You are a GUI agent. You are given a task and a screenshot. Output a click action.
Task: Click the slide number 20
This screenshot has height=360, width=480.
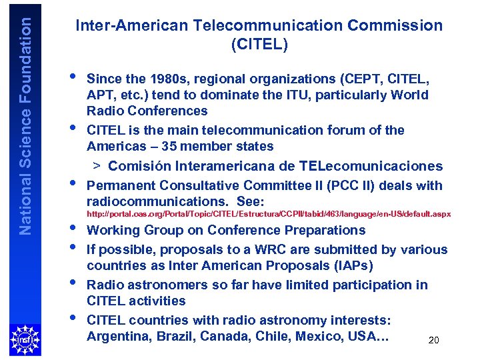[x=433, y=341]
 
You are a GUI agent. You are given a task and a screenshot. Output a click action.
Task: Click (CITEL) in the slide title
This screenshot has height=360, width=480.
[x=259, y=45]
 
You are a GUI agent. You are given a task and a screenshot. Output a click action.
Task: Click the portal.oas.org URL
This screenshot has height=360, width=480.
[x=269, y=214]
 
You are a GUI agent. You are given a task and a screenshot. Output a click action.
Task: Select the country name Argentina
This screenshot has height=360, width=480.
[x=118, y=336]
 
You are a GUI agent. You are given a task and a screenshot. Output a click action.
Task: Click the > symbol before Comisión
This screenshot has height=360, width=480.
[x=97, y=166]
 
